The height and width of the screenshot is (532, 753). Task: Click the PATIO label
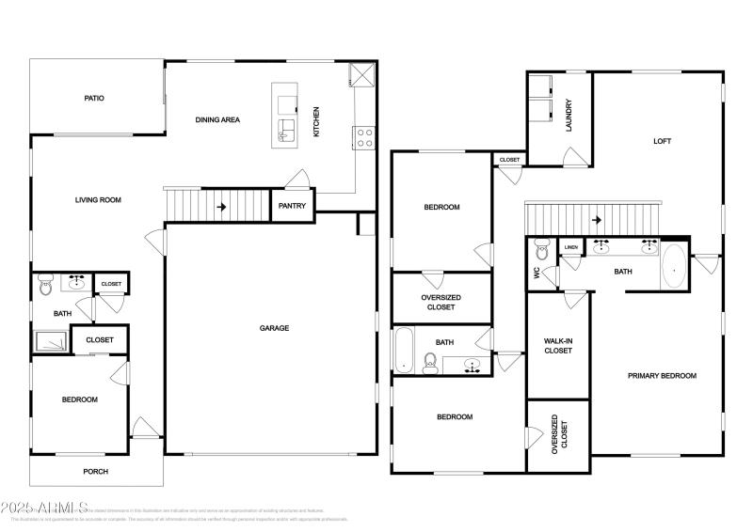(93, 98)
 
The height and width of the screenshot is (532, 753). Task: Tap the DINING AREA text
(217, 119)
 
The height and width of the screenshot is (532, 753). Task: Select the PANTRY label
(292, 207)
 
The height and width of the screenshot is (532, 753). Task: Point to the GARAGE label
(275, 328)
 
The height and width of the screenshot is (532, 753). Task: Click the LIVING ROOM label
(100, 199)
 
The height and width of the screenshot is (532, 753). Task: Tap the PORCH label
(96, 472)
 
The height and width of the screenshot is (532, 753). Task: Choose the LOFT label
(663, 142)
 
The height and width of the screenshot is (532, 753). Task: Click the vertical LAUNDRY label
(569, 117)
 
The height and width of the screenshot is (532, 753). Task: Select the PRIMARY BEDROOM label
(662, 376)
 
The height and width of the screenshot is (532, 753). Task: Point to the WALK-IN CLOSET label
(558, 345)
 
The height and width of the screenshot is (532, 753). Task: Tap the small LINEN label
(571, 248)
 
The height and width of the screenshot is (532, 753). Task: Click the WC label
(537, 274)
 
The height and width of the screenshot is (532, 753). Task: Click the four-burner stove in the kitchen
(363, 138)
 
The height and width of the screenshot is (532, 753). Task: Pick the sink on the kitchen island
(286, 132)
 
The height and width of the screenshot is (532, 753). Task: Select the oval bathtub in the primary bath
(674, 266)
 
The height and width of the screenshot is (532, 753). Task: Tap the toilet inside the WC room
(541, 251)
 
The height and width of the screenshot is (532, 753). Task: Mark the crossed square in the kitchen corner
(361, 74)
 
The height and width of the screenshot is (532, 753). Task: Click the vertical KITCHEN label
(316, 121)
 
